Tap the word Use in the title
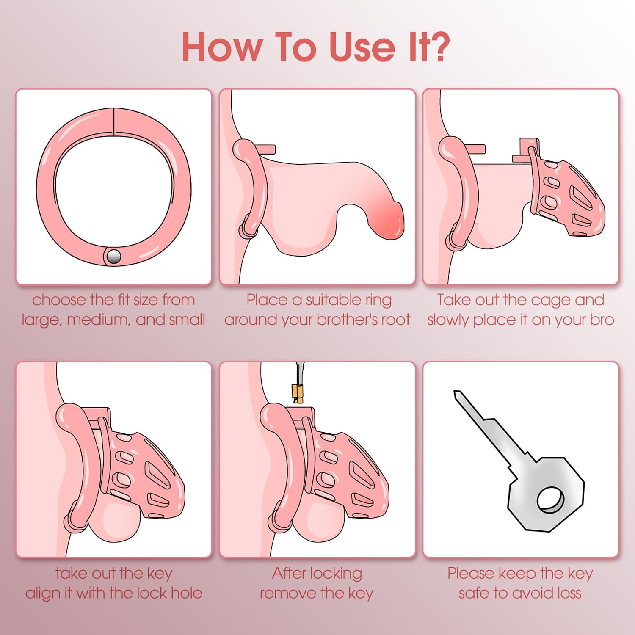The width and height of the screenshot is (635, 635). point(362,47)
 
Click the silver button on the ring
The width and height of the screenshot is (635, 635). point(113,256)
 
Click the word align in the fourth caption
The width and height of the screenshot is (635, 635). point(44,593)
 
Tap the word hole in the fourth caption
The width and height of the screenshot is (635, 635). point(186,593)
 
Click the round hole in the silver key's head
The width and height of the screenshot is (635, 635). point(550,500)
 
